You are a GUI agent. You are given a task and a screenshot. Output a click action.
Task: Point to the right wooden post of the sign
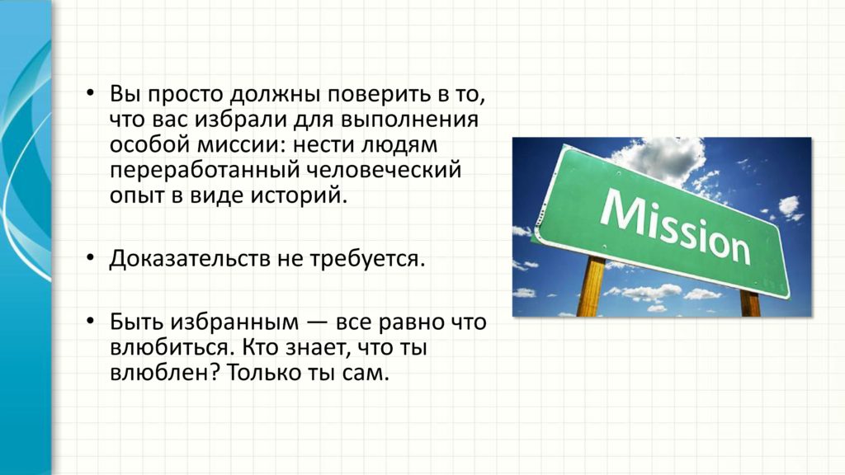pos(750,303)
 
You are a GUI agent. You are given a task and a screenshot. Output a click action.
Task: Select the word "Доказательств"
pos(191,259)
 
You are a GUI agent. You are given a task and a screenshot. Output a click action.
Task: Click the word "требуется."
pos(367,259)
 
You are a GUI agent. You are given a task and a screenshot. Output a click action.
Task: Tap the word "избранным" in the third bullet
pos(234,322)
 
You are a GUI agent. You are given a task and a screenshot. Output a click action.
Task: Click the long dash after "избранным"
pos(317,323)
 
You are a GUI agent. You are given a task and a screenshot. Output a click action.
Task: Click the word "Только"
pos(263,373)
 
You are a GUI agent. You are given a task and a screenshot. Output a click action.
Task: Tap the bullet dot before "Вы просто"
pos(90,94)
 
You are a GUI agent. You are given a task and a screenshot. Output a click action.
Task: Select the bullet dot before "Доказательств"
pos(90,258)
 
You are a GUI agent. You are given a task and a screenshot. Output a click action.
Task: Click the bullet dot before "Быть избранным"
pos(90,322)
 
